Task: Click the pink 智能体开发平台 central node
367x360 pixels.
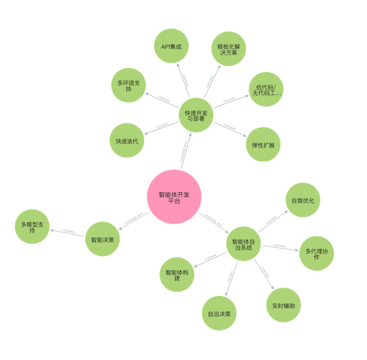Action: pyautogui.click(x=174, y=197)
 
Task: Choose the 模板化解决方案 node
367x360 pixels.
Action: pyautogui.click(x=228, y=49)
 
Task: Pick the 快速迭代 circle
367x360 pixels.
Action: pyautogui.click(x=127, y=141)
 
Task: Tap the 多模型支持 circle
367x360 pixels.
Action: pyautogui.click(x=32, y=227)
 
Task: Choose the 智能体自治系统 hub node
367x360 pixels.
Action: pyautogui.click(x=244, y=244)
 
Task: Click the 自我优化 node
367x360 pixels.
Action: pyautogui.click(x=303, y=201)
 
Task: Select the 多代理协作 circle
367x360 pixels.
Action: pyautogui.click(x=317, y=253)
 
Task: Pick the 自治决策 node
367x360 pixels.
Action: pyautogui.click(x=219, y=314)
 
